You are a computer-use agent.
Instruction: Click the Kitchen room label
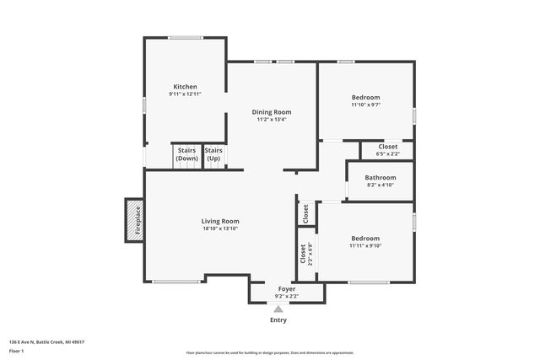click(185, 87)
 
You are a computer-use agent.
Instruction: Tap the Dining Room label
click(272, 112)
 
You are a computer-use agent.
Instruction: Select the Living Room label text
click(219, 221)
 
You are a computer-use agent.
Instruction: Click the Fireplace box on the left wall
click(133, 220)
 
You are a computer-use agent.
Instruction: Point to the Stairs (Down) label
click(186, 154)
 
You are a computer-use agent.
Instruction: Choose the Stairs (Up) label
click(213, 154)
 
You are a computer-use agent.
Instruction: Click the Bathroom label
click(380, 178)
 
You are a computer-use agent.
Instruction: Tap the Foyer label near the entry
click(287, 289)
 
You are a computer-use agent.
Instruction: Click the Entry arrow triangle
click(278, 309)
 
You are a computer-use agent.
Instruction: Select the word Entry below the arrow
click(278, 320)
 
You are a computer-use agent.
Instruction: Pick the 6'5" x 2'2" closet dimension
click(387, 154)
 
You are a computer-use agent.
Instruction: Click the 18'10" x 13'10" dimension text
click(219, 228)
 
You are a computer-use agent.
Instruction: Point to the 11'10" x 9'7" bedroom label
click(365, 105)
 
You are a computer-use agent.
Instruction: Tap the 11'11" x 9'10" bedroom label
click(365, 246)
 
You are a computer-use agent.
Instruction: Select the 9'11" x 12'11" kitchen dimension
click(185, 94)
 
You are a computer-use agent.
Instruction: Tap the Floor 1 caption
click(17, 350)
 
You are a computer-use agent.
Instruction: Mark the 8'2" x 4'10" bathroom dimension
click(380, 185)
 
